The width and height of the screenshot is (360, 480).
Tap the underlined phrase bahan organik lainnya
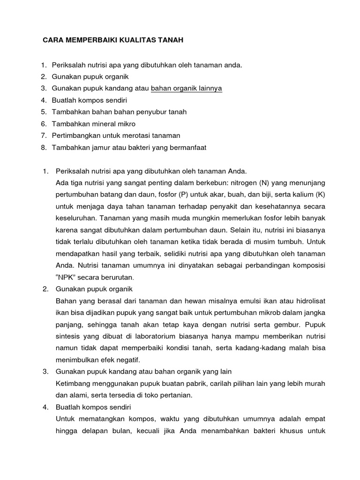click(x=187, y=88)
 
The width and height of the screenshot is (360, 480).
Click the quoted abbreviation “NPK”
click(x=67, y=277)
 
